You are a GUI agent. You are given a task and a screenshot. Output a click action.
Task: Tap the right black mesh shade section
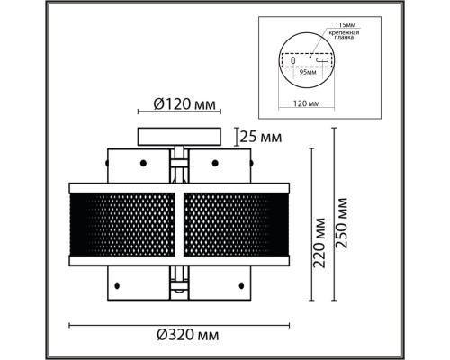click(x=234, y=221)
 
